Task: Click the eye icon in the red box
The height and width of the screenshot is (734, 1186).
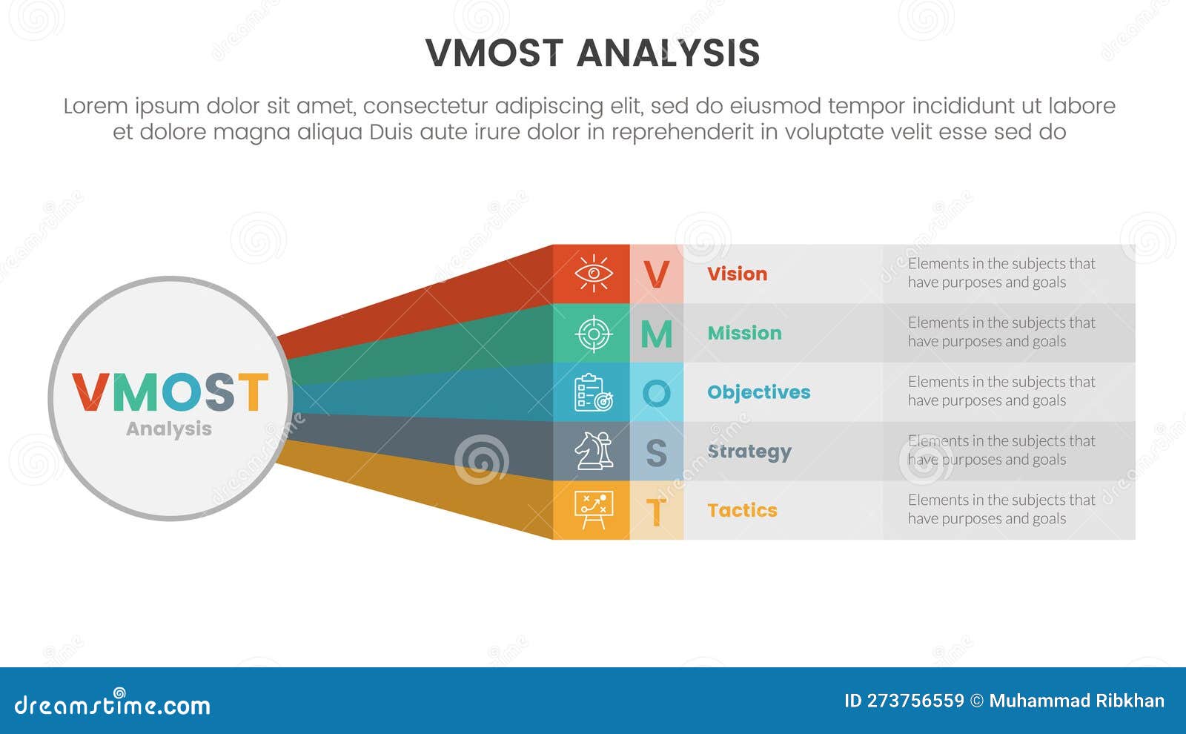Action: pos(593,274)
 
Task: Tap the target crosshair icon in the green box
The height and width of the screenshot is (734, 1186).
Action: pos(593,333)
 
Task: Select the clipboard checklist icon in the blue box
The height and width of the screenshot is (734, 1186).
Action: pos(593,392)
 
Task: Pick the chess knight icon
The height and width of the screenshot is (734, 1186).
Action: pos(593,451)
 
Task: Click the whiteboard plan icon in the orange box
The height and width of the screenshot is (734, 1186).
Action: pos(593,510)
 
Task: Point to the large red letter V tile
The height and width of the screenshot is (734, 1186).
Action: pos(656,274)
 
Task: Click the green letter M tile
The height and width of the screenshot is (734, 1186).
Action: pos(656,334)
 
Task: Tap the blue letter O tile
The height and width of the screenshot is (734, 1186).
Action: pos(656,393)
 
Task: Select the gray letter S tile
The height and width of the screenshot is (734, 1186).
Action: pos(656,452)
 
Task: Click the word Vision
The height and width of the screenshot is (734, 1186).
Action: pos(737,274)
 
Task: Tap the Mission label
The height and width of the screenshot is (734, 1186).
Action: pos(744,333)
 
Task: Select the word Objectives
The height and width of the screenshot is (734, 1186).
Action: pos(758,392)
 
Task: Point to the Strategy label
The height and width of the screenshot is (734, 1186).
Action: pos(749,452)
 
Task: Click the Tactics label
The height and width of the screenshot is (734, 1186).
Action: pos(742,510)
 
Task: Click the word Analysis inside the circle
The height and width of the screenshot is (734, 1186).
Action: pos(169,429)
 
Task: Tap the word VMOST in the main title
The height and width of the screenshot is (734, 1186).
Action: pos(494,53)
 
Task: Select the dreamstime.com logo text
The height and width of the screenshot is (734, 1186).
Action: pos(113,704)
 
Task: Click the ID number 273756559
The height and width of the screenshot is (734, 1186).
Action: pos(915,701)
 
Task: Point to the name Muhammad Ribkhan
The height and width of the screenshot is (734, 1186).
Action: pos(1076,701)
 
